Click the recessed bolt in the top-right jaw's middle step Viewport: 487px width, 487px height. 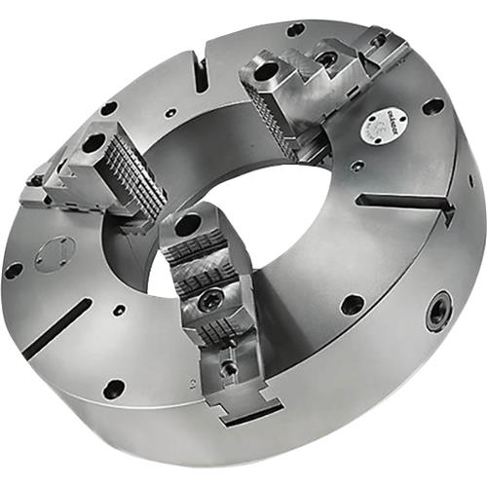point(329,60)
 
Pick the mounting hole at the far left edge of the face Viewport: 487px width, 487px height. point(14,270)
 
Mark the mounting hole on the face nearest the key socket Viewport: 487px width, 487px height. point(353,304)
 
